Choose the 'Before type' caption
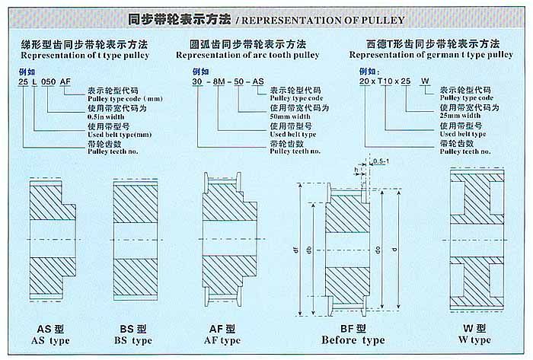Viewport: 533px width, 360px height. click(353, 339)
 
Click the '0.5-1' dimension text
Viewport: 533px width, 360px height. click(380, 161)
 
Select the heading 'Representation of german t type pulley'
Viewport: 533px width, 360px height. click(431, 55)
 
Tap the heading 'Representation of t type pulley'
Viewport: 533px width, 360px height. click(84, 55)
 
